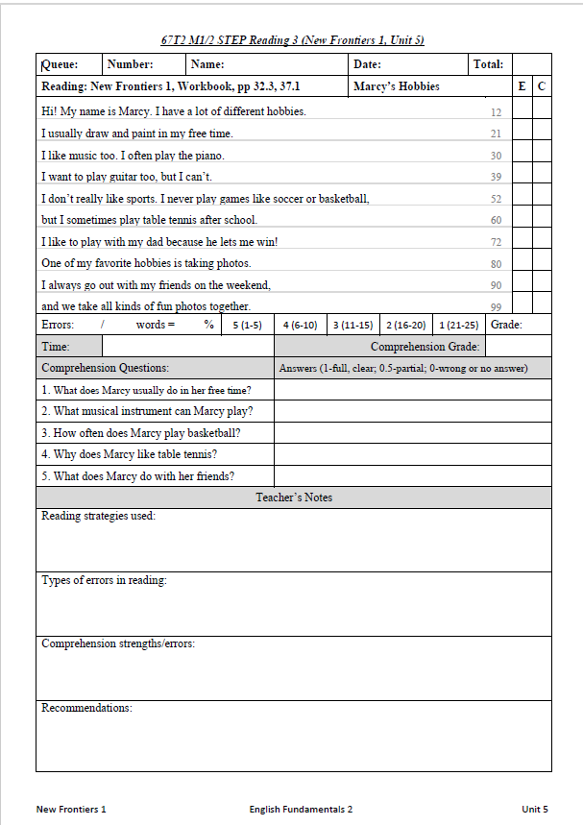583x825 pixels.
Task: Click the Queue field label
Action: pos(60,64)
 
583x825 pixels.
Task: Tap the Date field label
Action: pos(367,64)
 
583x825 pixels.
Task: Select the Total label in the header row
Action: pos(488,64)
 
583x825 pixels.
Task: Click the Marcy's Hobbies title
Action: pos(397,86)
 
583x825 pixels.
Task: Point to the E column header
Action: pos(522,86)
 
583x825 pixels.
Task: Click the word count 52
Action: pos(496,199)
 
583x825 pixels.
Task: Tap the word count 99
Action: pos(496,307)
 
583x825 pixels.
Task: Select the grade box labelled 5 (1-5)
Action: pos(247,325)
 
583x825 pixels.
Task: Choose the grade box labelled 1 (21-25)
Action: pos(457,325)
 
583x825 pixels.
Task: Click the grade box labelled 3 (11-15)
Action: pos(352,325)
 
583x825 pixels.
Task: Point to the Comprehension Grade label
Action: pos(425,347)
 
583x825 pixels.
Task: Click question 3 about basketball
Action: pos(141,432)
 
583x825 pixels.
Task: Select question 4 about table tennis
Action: pos(129,454)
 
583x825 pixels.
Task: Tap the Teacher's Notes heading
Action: pos(294,497)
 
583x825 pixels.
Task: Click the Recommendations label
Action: pos(86,708)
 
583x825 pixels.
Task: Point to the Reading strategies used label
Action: pos(98,516)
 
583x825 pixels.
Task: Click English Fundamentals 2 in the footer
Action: pos(301,809)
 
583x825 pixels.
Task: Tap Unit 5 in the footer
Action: pos(535,809)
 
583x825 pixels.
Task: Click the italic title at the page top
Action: pos(293,40)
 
